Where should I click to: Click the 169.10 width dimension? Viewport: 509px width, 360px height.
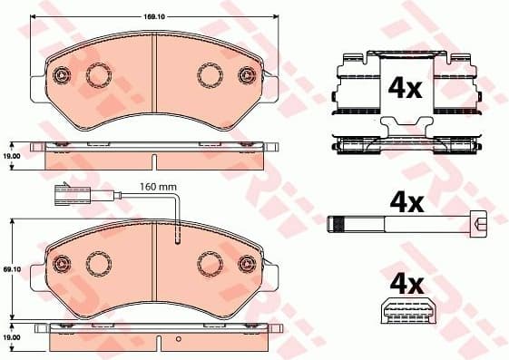[x=152, y=15]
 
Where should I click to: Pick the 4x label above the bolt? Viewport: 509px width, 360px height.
[x=405, y=200]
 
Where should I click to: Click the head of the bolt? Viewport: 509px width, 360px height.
[x=479, y=223]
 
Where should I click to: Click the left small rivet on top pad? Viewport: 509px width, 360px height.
[x=63, y=75]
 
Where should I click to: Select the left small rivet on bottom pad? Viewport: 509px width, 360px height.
[x=63, y=264]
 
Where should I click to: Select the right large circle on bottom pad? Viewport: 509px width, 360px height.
[x=210, y=263]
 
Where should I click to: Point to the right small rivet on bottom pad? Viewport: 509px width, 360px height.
[x=245, y=264]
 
